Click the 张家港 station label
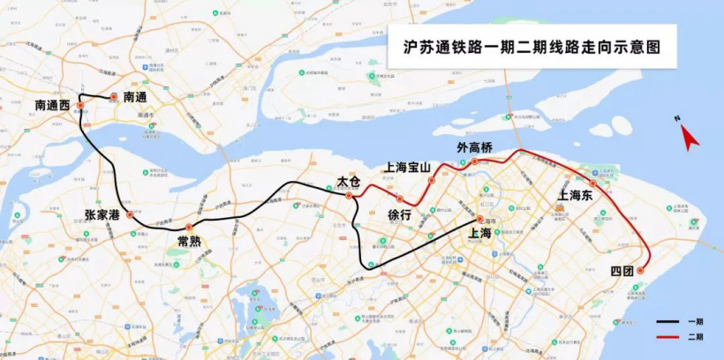pos(102,214)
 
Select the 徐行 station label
pos(400,214)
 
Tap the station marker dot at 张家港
pos(130,214)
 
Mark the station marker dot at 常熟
pos(189,227)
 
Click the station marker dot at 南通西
pos(80,105)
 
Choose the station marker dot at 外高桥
pos(474,161)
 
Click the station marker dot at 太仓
pos(349,195)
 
